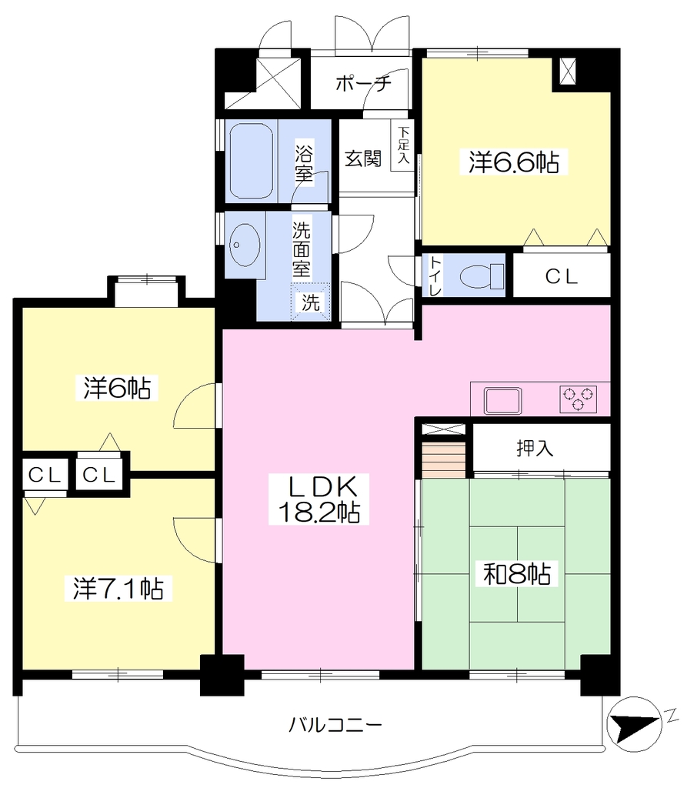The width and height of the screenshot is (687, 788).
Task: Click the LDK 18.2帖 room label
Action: click(x=318, y=499)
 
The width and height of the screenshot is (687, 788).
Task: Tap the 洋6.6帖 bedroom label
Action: click(x=514, y=162)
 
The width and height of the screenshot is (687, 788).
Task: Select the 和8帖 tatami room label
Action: click(x=517, y=573)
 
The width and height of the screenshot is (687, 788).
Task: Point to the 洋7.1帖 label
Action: click(x=118, y=588)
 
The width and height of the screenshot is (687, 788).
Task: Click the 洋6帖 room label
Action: click(x=117, y=388)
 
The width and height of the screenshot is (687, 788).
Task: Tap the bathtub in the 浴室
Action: click(x=252, y=162)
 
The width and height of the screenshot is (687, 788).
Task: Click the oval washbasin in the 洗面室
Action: click(x=245, y=245)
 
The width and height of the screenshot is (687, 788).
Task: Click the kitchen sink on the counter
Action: click(x=502, y=400)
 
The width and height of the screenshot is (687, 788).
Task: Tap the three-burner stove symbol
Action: click(x=578, y=399)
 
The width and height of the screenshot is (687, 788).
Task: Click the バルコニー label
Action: click(x=335, y=725)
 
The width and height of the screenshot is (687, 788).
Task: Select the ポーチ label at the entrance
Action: click(x=363, y=82)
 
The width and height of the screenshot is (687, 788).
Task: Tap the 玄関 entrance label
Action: click(x=363, y=159)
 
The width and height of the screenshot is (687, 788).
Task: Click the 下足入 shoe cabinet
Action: click(x=403, y=145)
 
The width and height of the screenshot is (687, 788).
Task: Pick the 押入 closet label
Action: click(x=535, y=448)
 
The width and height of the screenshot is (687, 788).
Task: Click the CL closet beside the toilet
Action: click(x=562, y=275)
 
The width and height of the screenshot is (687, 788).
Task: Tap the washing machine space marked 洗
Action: click(x=311, y=302)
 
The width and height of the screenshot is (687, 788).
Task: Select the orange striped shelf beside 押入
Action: click(x=443, y=460)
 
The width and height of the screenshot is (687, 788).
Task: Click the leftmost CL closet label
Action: click(x=45, y=474)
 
